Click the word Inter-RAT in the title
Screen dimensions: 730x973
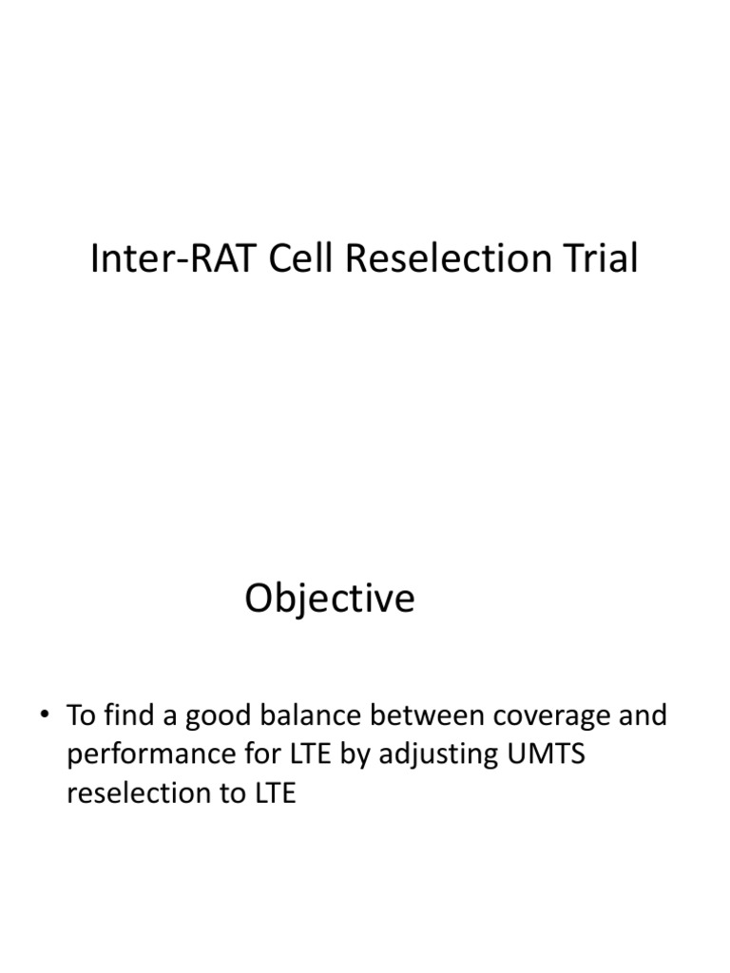pyautogui.click(x=173, y=258)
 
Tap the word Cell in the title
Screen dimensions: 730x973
pyautogui.click(x=300, y=258)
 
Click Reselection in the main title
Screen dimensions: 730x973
pyautogui.click(x=449, y=258)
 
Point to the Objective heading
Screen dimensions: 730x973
pyautogui.click(x=330, y=599)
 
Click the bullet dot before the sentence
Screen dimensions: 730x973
pyautogui.click(x=44, y=714)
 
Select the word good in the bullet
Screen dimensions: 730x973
pyautogui.click(x=218, y=717)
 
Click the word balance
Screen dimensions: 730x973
pyautogui.click(x=310, y=715)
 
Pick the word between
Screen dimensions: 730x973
pyautogui.click(x=427, y=715)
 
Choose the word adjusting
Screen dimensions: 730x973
pyautogui.click(x=438, y=755)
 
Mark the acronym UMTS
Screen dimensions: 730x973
pyautogui.click(x=547, y=754)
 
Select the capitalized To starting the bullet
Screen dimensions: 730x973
pyautogui.click(x=81, y=715)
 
